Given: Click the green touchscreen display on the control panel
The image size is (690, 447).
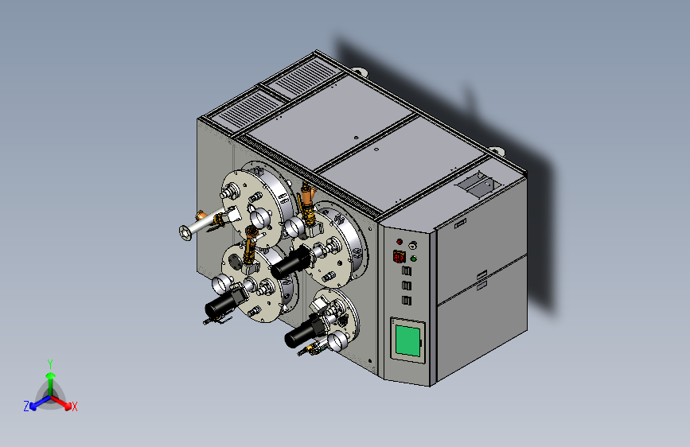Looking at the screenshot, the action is (407, 340).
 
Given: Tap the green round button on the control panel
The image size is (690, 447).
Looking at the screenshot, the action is (413, 259).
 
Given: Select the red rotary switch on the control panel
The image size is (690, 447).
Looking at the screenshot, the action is (400, 256).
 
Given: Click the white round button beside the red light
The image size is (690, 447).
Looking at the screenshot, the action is (412, 245).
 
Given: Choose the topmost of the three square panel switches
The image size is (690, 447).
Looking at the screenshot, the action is (407, 270).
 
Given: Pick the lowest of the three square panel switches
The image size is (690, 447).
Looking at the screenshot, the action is (407, 301).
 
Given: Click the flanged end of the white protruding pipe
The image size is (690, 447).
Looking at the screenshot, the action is (185, 232).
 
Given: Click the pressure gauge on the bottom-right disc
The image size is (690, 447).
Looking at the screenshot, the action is (337, 341).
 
